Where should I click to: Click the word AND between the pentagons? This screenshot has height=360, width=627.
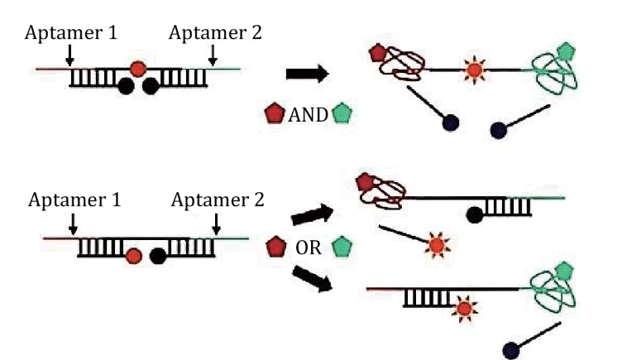coord(308,115)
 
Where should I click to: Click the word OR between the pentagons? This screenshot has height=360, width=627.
coord(309,248)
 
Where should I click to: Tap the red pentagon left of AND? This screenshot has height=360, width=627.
coord(275,113)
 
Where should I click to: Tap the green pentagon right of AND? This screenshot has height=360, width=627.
coord(342,113)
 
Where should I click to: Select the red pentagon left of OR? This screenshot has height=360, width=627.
coord(276,247)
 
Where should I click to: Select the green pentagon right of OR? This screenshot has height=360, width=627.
coord(342,247)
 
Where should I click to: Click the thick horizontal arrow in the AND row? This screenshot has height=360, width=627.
coord(308,74)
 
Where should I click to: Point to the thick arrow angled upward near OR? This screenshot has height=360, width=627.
coord(313,214)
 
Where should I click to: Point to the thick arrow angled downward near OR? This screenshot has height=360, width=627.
coord(313,278)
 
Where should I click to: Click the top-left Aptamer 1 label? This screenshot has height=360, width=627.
coord(71,32)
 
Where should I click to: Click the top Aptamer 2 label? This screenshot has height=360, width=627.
coord(215,32)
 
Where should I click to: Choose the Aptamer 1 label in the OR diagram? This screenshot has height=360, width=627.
coord(74,199)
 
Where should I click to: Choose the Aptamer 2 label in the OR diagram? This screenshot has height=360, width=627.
coord(218,199)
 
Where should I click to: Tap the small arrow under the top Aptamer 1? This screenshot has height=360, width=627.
coord(69,55)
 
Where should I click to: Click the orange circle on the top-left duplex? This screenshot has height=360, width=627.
coord(138,69)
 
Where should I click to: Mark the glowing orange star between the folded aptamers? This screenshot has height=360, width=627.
coord(474,70)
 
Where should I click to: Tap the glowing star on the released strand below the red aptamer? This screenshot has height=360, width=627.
coord(437,245)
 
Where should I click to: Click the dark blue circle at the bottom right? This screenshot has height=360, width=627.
coord(511,350)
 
